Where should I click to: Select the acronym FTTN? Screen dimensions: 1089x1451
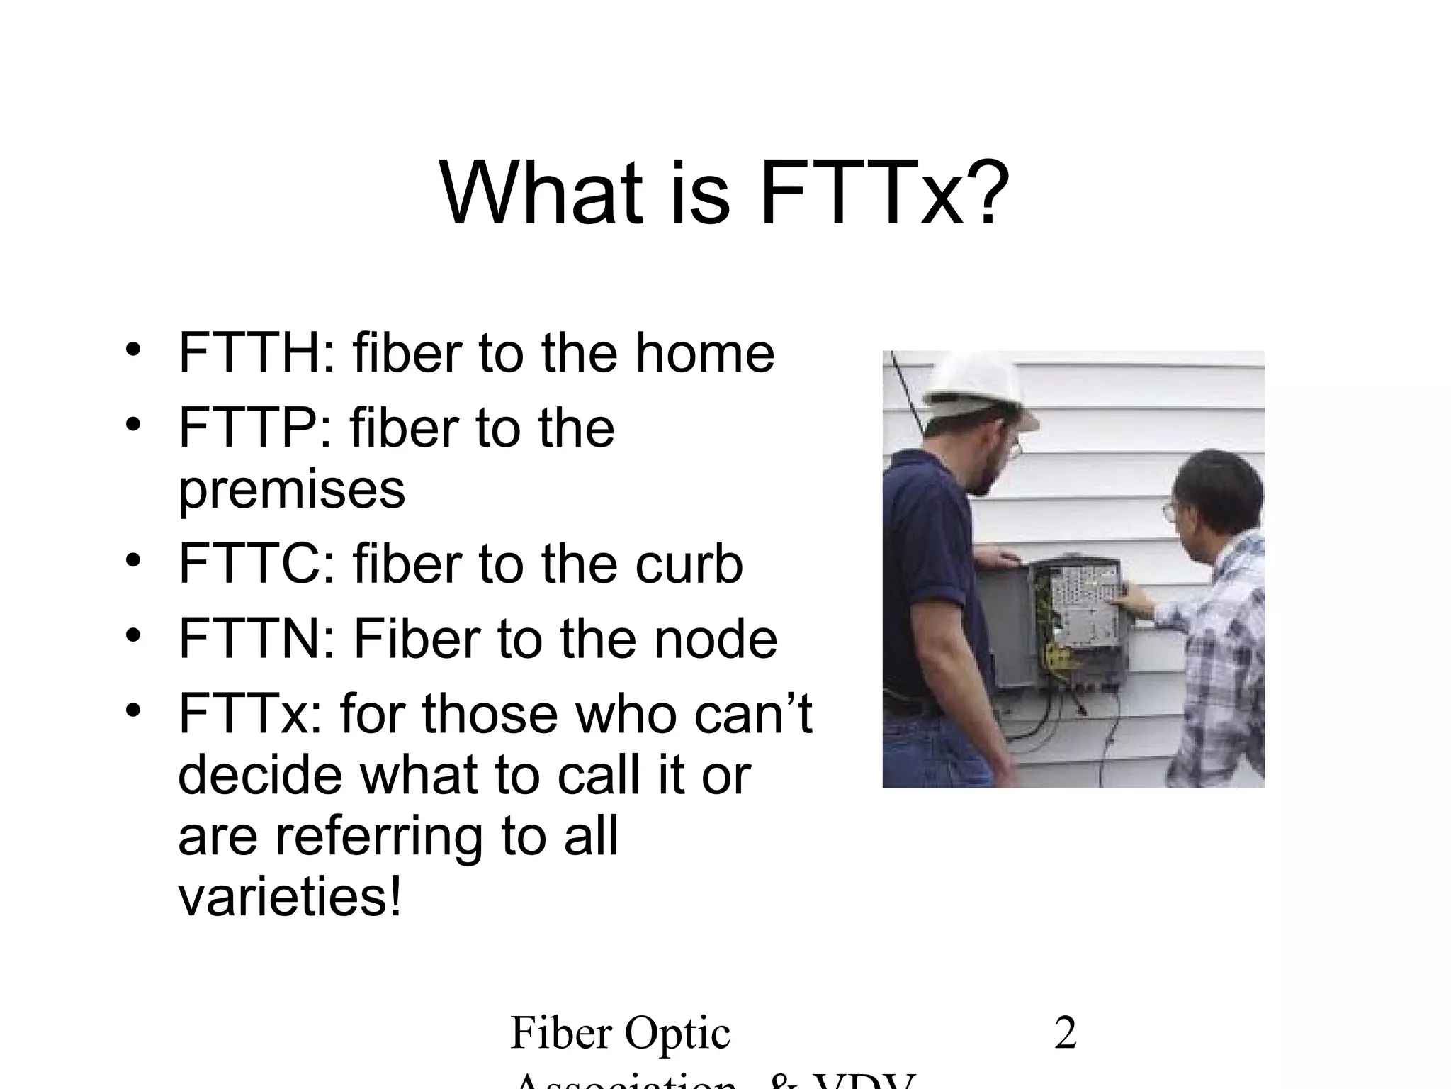point(249,638)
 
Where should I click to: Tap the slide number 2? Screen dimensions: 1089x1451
point(1066,1033)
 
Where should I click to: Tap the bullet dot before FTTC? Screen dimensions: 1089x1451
point(133,560)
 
